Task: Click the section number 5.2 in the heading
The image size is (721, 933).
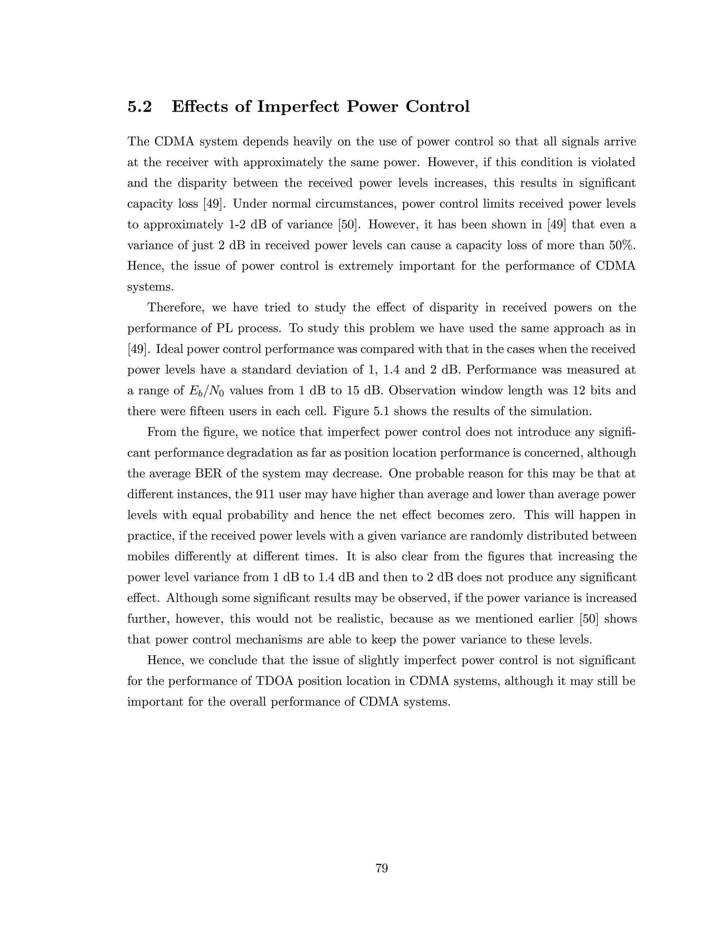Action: [140, 106]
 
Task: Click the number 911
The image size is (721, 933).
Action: [265, 495]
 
